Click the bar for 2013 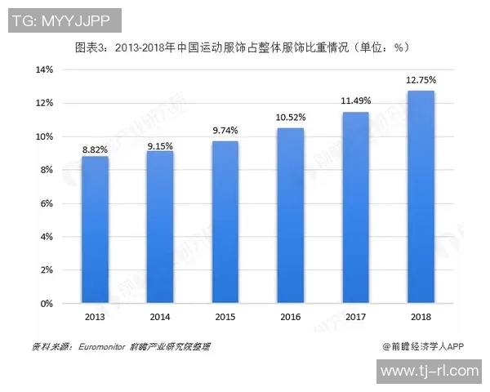[x=95, y=229]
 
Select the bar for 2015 [x=225, y=222]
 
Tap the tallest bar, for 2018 [x=421, y=197]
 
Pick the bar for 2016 [x=290, y=216]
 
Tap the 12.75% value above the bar [x=421, y=80]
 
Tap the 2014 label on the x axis [x=160, y=316]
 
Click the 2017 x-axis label [x=355, y=316]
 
